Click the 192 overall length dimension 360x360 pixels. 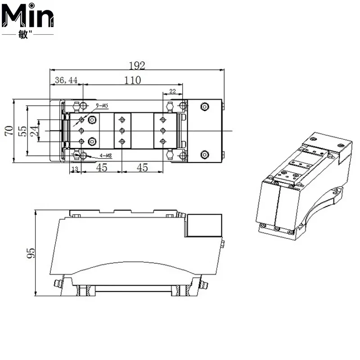coord(137,66)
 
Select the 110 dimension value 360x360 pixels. coord(132,80)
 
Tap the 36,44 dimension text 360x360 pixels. coord(66,80)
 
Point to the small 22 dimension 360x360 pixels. coord(172,91)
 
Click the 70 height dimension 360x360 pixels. coord(9,130)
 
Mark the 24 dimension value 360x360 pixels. coord(34,131)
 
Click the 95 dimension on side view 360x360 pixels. coord(31,253)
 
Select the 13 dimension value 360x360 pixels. coord(75,169)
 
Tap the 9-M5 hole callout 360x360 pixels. coord(102,106)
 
